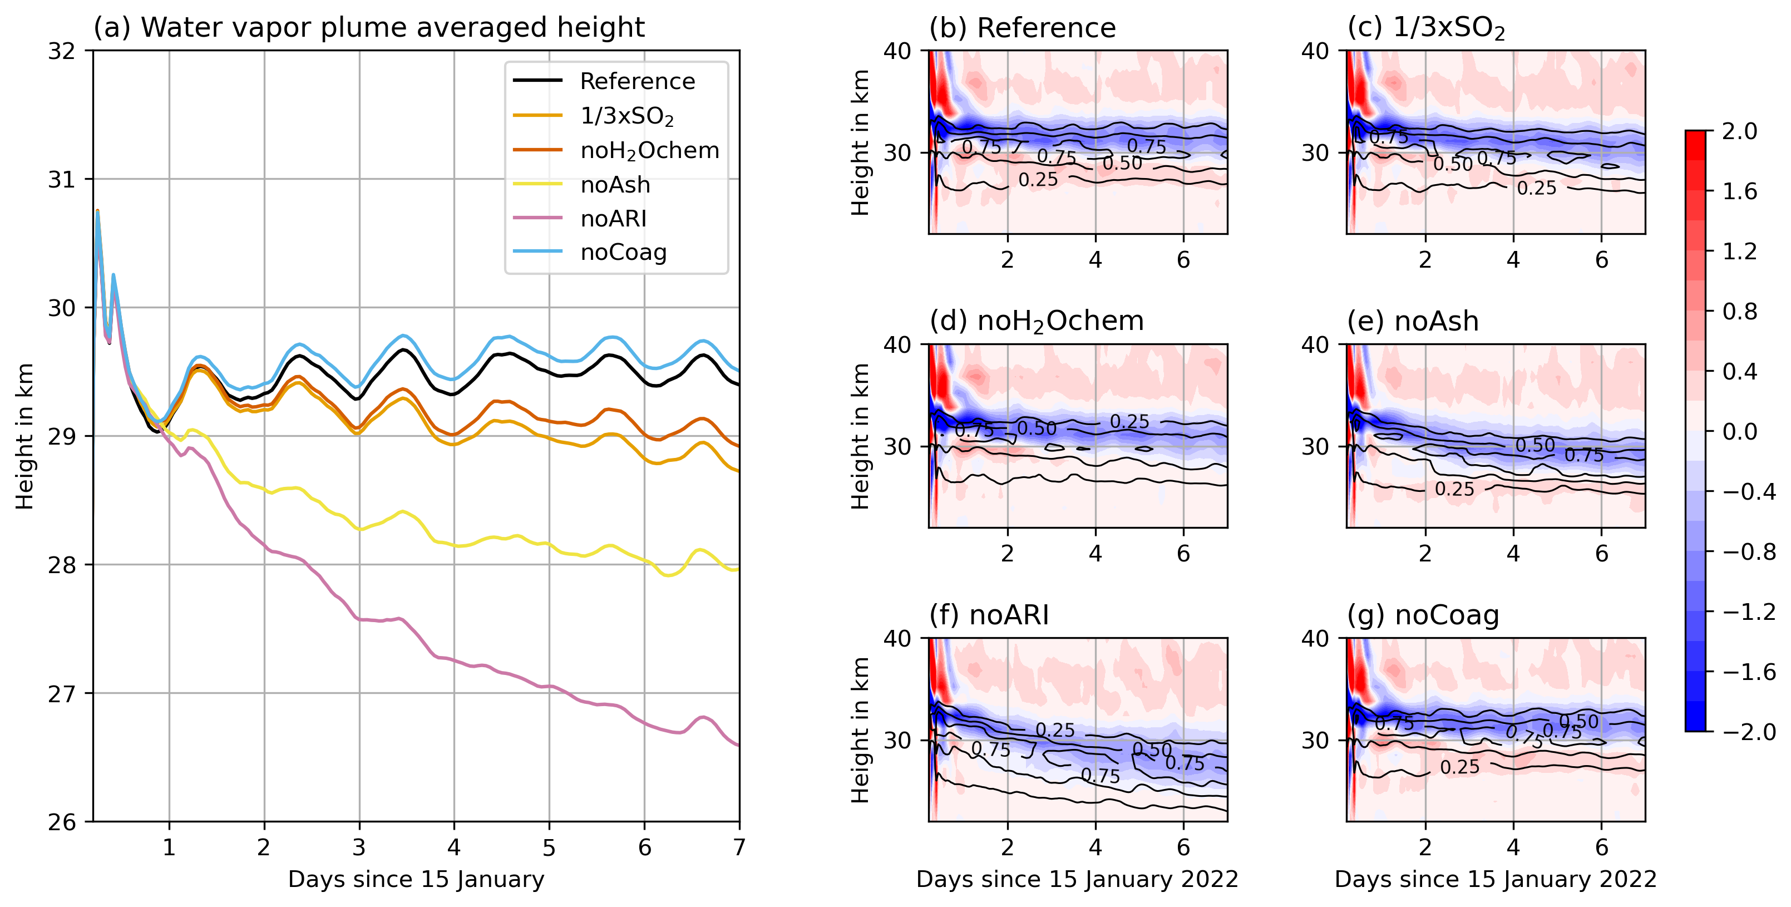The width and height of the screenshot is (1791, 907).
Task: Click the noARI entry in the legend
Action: tap(613, 218)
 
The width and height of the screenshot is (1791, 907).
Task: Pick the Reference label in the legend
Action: tap(637, 81)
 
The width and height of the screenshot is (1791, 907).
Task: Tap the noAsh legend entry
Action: tap(615, 184)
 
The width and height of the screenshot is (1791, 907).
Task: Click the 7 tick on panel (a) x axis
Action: tap(739, 847)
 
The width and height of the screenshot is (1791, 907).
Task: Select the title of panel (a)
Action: tap(368, 28)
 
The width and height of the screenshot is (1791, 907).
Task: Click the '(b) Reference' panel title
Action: tap(1022, 28)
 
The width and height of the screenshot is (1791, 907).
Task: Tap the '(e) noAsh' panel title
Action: tap(1412, 322)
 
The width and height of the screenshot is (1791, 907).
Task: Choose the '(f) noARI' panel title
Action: tap(989, 615)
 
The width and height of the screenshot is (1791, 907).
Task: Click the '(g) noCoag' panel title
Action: tap(1423, 615)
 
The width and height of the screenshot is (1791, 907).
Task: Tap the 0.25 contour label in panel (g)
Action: tap(1460, 767)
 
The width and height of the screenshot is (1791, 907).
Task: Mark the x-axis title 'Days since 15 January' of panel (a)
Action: tap(416, 879)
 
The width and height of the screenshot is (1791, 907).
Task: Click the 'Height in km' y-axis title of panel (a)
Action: tap(25, 436)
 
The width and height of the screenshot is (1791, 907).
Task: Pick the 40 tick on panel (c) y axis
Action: tap(1315, 51)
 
